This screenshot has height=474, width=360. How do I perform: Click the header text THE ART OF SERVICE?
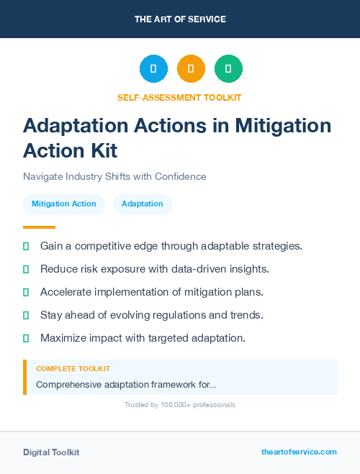pos(180,19)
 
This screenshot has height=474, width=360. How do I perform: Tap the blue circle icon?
pos(153,68)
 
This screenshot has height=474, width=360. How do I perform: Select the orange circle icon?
pos(191,68)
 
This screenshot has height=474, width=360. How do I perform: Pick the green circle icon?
pos(228,68)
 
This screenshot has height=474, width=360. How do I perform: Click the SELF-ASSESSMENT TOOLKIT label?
pos(180,97)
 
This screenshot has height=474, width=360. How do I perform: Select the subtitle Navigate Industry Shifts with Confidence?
pos(114,176)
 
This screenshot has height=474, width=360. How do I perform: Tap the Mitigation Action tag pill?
pos(64,204)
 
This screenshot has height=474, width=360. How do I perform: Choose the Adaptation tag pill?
pos(143,204)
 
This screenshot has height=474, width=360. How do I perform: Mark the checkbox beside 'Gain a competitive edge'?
pos(26,246)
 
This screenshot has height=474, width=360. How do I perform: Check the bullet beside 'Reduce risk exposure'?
pos(26,269)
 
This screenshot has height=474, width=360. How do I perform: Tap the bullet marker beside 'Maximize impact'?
pos(26,337)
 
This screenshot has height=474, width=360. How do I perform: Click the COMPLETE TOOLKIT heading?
pos(73,368)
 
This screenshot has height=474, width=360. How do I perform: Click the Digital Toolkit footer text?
pos(51,452)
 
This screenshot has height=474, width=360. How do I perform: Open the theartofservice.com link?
pos(299,452)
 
